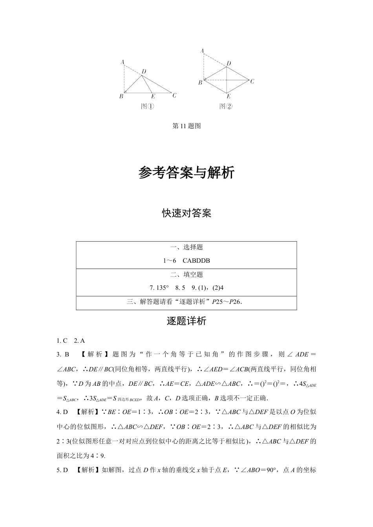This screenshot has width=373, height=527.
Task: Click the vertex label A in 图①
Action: click(123, 62)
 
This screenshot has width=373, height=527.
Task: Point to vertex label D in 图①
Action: click(144, 71)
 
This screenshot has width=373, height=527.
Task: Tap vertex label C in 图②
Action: click(252, 82)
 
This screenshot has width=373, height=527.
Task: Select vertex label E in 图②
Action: click(229, 96)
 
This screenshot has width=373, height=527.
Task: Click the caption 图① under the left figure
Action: click(147, 106)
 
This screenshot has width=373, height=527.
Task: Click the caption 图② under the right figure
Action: click(226, 106)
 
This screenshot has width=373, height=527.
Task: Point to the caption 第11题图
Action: click(186, 126)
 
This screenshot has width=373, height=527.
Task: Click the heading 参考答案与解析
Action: click(186, 173)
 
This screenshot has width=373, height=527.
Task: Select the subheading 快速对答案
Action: click(186, 213)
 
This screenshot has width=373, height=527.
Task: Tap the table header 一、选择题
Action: click(186, 247)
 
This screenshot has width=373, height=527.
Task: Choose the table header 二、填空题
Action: click(186, 274)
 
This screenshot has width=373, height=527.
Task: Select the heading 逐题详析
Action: click(186, 321)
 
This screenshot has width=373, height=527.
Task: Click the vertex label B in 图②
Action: click(200, 82)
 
